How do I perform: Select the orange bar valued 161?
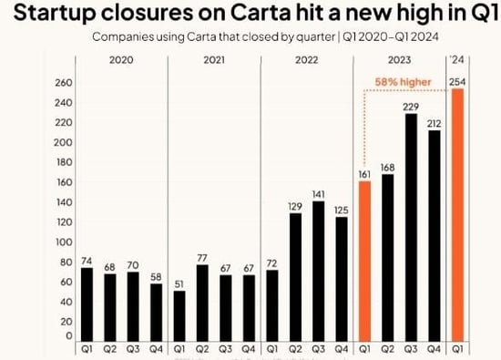363,261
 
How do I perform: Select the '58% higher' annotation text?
404,81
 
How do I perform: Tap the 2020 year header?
119,59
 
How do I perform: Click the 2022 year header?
306,59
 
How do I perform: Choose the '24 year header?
457,59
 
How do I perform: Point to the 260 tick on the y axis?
62,82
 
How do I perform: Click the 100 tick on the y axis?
62,242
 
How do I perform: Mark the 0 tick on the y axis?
66,336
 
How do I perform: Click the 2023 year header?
399,59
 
